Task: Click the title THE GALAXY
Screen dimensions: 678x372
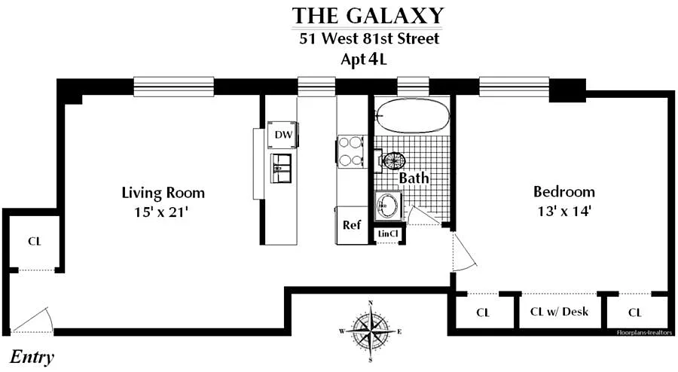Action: tap(368, 16)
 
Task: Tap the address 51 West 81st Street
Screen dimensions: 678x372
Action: tap(369, 38)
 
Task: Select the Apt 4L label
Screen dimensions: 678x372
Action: tap(364, 59)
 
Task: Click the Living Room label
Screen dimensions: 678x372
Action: tap(163, 192)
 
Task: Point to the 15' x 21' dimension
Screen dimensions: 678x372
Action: tap(161, 212)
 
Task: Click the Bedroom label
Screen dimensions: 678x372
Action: tap(563, 191)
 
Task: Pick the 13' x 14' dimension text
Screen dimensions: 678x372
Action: tap(564, 211)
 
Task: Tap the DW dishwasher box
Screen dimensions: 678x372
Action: tap(284, 134)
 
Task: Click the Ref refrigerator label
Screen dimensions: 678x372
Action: tap(352, 224)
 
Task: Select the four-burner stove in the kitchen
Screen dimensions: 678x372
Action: tap(351, 151)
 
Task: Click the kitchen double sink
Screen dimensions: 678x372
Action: tap(281, 168)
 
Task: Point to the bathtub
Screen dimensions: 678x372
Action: tap(412, 116)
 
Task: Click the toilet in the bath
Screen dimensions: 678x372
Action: tap(392, 161)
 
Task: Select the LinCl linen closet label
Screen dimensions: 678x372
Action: tap(388, 233)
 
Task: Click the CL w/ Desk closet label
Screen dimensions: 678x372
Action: tap(559, 312)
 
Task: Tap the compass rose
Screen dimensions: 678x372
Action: tap(371, 331)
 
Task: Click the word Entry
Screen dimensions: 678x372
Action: tap(32, 357)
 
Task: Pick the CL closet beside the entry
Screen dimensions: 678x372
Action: tap(34, 241)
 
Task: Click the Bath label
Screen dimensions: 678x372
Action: tap(414, 178)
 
